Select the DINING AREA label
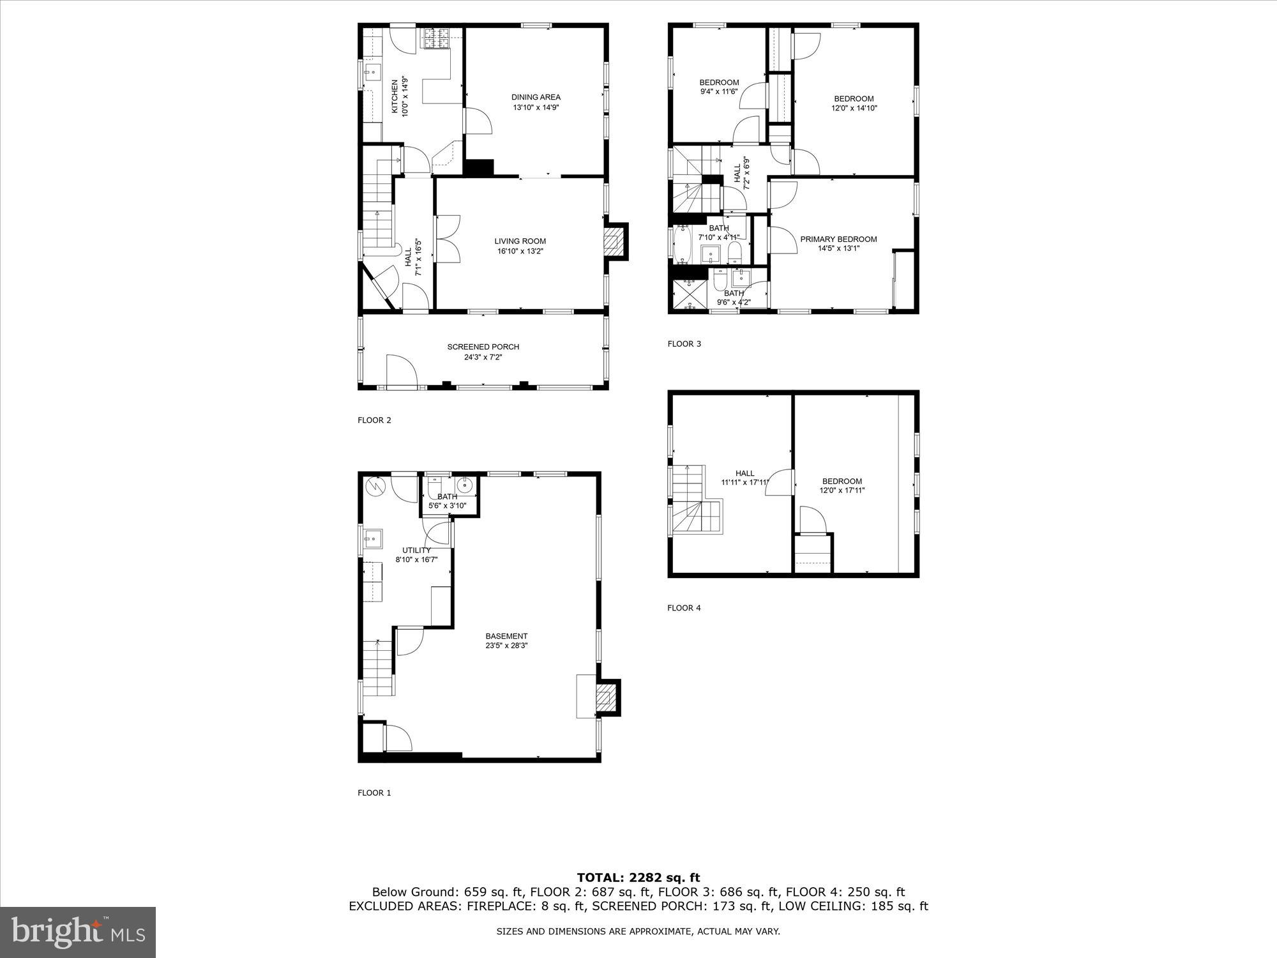[536, 97]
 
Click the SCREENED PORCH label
[483, 347]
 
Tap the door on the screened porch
[401, 372]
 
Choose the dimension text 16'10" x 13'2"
[520, 251]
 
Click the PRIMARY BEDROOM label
[838, 239]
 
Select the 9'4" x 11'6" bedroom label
[719, 82]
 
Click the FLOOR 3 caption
[684, 344]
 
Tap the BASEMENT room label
[506, 636]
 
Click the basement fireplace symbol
[606, 698]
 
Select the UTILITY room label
[416, 550]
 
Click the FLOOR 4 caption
[684, 608]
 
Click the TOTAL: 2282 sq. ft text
[638, 878]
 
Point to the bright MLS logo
[78, 932]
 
